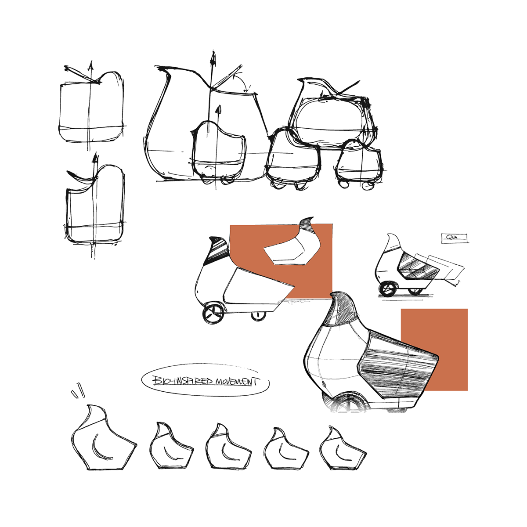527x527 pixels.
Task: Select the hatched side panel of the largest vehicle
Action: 395,365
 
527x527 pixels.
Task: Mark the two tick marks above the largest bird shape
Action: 78,390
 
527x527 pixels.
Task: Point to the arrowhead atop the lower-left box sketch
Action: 94,157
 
